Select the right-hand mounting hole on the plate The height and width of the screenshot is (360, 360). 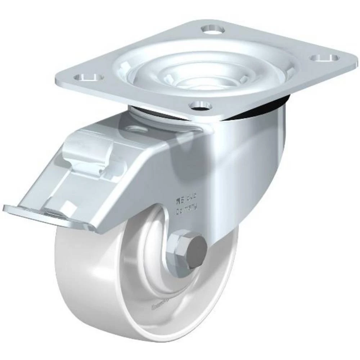325,58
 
